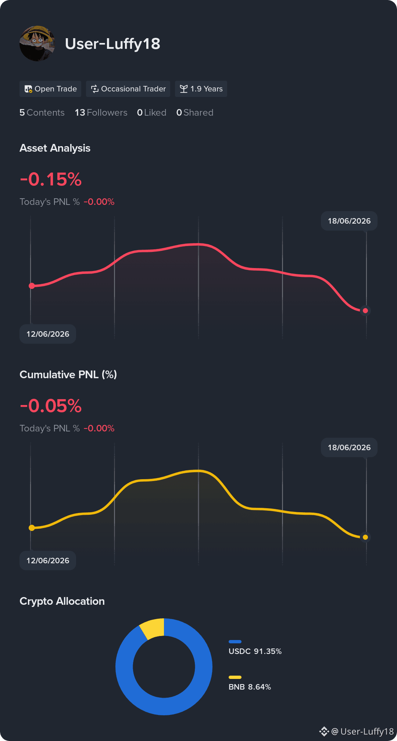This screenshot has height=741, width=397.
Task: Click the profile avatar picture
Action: coord(37,43)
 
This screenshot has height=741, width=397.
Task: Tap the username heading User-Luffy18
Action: coord(112,44)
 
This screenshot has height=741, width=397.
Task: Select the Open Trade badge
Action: coord(50,89)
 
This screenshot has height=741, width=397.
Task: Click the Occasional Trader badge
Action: coord(128,89)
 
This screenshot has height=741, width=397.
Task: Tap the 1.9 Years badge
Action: coord(201,89)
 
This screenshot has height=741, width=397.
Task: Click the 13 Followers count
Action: coord(101,113)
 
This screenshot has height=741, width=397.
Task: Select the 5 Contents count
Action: coord(42,113)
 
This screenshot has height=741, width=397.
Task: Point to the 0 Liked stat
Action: coord(151,113)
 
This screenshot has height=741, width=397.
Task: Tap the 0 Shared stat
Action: coord(195,113)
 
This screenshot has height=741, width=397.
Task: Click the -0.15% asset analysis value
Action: coord(51,179)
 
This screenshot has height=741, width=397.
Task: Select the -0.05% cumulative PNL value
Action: coord(51,406)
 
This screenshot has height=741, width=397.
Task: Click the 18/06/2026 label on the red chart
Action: coord(349,221)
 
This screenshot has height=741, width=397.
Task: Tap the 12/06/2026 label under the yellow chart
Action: coord(48,560)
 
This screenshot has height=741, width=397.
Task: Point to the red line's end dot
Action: coord(365,311)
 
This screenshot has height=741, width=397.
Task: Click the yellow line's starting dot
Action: coord(32,528)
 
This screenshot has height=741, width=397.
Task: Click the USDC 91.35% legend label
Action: coord(255,651)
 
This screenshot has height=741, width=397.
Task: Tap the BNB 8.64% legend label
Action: coord(250,687)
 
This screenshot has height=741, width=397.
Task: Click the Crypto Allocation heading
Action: coord(62,601)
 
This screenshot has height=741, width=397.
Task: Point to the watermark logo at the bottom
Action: coord(324,731)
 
